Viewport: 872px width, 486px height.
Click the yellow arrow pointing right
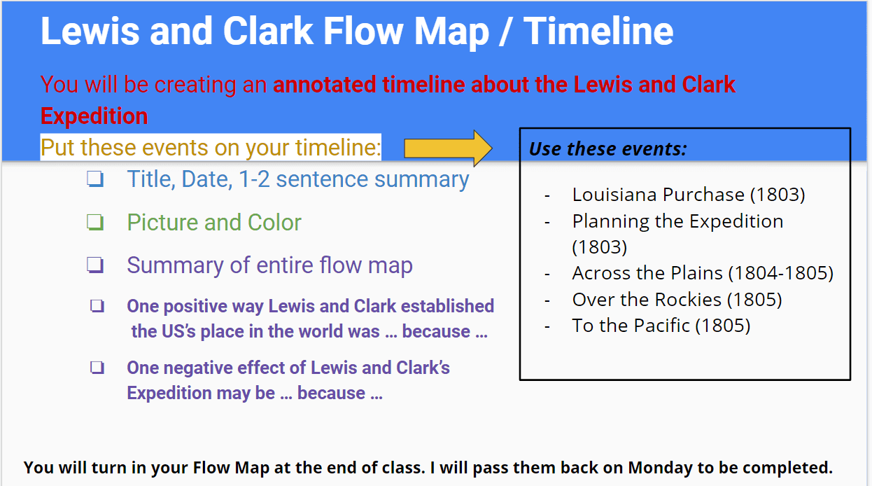click(x=448, y=148)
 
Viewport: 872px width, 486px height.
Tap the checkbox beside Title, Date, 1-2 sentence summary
click(x=95, y=179)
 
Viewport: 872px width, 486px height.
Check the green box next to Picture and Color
click(x=95, y=223)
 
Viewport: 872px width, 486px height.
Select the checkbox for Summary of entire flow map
click(x=95, y=265)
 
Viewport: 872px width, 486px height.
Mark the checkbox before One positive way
click(x=97, y=306)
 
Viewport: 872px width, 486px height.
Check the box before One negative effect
click(x=97, y=368)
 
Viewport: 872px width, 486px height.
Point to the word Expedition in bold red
click(x=94, y=116)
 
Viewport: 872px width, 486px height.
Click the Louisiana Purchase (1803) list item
click(x=688, y=194)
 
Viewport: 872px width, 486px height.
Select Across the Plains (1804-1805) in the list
click(x=703, y=273)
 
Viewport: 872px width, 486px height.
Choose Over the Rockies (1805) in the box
click(x=677, y=300)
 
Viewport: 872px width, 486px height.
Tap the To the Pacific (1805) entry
click(x=661, y=326)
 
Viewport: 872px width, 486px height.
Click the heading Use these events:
click(x=608, y=148)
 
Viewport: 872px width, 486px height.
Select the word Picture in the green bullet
click(x=162, y=223)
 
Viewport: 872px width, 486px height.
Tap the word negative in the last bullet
click(x=197, y=368)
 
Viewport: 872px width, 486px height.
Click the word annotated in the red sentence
click(x=324, y=85)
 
